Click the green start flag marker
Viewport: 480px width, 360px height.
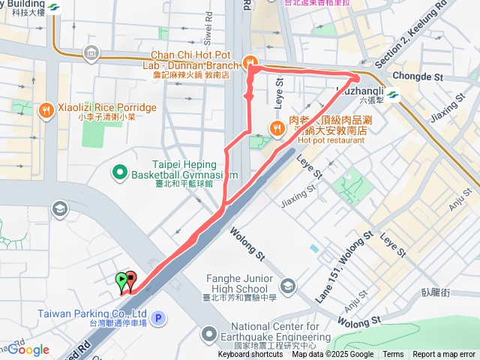click(121, 280)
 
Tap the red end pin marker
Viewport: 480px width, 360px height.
click(131, 280)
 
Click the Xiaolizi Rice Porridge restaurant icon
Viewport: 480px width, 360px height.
click(46, 109)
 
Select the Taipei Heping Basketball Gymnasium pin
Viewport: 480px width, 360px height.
click(119, 173)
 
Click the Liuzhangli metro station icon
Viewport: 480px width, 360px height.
click(393, 94)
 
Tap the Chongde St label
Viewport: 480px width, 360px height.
click(418, 76)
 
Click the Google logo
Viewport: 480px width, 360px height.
click(29, 349)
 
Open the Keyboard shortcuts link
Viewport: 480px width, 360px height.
click(250, 355)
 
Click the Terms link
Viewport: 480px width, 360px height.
click(393, 355)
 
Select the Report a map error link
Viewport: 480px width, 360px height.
click(443, 355)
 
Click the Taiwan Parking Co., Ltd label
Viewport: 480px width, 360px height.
click(88, 313)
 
